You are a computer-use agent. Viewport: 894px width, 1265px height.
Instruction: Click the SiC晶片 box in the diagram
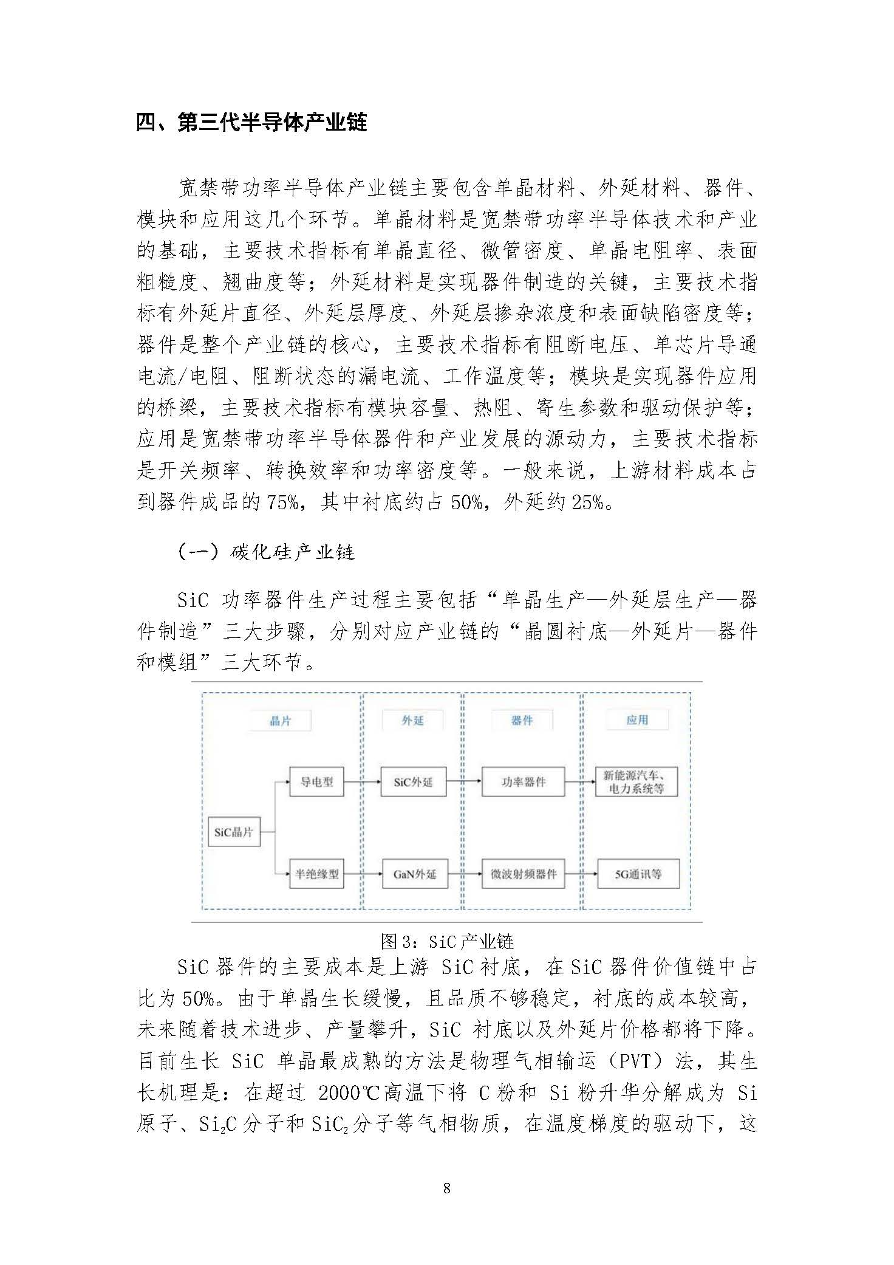(234, 832)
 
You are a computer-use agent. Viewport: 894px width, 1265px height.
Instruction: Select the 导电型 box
(316, 782)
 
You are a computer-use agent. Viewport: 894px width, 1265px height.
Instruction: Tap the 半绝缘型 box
(316, 874)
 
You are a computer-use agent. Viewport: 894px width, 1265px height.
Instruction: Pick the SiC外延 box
(413, 782)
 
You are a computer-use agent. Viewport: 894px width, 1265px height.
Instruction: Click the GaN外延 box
(415, 874)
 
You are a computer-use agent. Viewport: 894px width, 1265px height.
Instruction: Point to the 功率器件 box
(524, 782)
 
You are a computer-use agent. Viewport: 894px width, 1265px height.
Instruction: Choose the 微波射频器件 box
(524, 874)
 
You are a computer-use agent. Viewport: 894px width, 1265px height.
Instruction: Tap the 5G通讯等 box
(638, 874)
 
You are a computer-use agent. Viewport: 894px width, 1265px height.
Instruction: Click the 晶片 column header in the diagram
(281, 721)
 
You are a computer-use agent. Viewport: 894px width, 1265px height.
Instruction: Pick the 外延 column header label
(413, 720)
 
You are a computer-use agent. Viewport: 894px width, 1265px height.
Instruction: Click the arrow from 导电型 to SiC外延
(362, 782)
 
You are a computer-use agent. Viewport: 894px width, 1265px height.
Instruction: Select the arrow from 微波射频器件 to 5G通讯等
(581, 874)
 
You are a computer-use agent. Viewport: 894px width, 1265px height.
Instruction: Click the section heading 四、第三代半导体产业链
(251, 123)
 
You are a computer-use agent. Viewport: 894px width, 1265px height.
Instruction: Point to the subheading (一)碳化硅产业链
(266, 552)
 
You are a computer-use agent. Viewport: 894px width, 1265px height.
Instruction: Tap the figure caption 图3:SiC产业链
(447, 941)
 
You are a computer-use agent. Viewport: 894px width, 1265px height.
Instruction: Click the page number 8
(447, 1188)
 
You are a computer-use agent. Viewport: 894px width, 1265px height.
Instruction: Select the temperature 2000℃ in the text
(349, 1094)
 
